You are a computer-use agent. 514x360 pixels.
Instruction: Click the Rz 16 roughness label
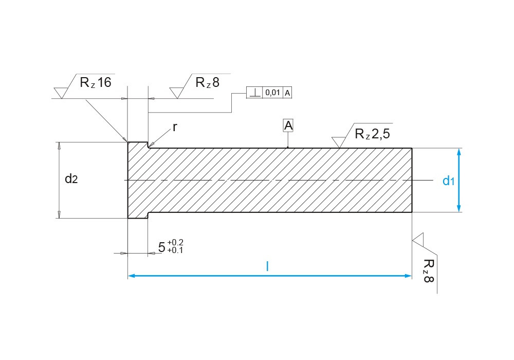click(x=95, y=82)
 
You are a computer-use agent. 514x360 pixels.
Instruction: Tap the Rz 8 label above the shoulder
click(x=207, y=82)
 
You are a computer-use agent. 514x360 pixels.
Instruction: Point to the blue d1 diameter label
click(x=449, y=181)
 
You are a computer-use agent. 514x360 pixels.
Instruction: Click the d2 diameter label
click(x=71, y=179)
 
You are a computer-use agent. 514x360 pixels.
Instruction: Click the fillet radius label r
click(x=175, y=127)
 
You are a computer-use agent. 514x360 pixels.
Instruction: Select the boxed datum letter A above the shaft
click(x=288, y=125)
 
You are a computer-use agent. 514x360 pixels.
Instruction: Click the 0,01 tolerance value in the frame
click(x=272, y=93)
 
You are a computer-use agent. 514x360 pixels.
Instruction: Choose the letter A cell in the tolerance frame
click(x=287, y=93)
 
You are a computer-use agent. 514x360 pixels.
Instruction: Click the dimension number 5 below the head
click(x=162, y=247)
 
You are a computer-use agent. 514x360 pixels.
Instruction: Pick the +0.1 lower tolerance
click(x=175, y=250)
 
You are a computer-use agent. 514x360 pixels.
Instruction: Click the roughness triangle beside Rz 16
click(x=61, y=93)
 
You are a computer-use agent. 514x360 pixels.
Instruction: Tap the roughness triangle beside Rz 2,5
click(x=338, y=141)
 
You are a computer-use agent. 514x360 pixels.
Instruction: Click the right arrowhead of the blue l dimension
click(x=409, y=276)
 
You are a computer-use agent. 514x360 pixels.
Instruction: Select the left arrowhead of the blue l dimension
click(x=131, y=276)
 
